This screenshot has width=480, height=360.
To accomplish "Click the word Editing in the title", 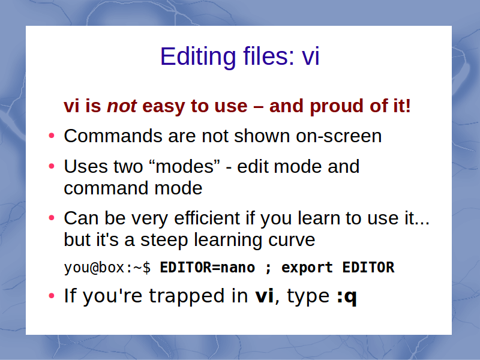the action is (198, 56).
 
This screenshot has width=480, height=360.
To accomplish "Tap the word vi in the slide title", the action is (311, 56).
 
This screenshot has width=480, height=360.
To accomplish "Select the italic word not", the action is (122, 106).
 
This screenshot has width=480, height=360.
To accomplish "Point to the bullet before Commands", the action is (52, 136).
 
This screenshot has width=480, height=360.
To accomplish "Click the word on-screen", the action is (339, 136).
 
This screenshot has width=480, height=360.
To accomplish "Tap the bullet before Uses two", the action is (52, 166).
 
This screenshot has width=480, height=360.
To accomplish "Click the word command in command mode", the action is (106, 188).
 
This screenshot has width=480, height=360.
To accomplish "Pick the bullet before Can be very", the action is (52, 218).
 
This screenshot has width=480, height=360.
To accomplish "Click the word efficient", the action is (206, 218).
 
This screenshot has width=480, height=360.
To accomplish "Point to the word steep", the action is (164, 240).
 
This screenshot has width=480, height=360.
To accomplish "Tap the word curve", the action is (292, 239).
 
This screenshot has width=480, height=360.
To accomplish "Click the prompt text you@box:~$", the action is (107, 268).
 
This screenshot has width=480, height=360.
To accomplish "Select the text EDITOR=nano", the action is (207, 268).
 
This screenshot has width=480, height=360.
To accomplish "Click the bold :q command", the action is (347, 296).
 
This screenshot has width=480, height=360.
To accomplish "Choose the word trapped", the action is (187, 296).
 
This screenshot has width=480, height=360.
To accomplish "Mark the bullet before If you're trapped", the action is (52, 296).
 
